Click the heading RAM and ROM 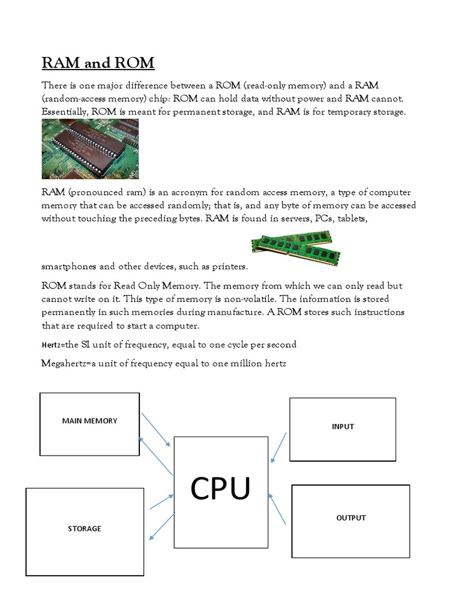point(98,63)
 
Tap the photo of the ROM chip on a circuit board point(90,149)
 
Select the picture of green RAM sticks point(295,248)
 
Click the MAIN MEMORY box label point(89,421)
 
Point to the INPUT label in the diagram point(343,427)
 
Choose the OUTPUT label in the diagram point(351,518)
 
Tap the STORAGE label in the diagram point(85,529)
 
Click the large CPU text point(220,489)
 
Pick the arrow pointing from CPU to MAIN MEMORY point(155,456)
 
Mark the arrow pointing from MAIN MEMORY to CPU point(155,429)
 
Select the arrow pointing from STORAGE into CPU point(161,502)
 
